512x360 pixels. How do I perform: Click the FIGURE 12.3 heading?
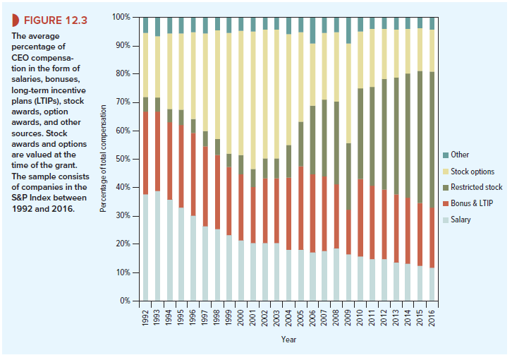[53, 19]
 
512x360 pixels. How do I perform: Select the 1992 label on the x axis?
[146, 318]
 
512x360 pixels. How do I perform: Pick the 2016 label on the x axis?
[432, 318]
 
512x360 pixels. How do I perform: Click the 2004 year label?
[288, 318]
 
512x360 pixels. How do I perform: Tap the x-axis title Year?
[288, 340]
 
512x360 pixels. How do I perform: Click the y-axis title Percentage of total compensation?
[104, 159]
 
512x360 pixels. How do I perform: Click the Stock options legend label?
[472, 171]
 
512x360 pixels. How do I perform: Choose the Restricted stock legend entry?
[476, 187]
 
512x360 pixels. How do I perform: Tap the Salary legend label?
[461, 220]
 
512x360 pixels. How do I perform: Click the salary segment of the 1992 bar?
[146, 247]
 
